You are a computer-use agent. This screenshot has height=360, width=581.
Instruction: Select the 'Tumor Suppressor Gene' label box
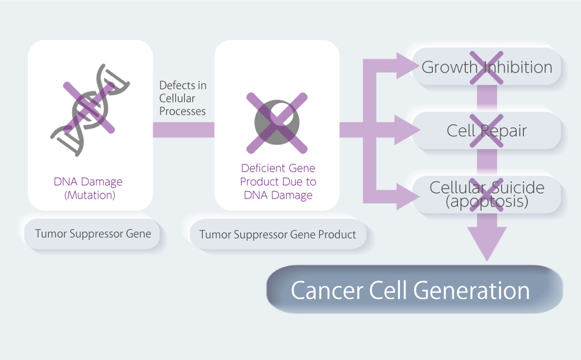93,234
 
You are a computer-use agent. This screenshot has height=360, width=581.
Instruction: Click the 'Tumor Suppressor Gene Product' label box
277,235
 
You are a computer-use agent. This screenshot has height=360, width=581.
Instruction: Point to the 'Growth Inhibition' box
487,67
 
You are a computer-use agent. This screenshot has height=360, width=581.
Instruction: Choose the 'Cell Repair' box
487,131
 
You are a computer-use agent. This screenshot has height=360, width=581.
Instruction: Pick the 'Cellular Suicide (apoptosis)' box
487,194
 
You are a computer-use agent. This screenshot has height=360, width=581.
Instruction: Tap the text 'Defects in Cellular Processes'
183,98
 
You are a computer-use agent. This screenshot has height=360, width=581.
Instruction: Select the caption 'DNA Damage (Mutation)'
88,188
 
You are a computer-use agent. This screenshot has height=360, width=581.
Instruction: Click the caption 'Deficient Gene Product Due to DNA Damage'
278,182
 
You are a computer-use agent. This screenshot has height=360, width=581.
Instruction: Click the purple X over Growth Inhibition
487,67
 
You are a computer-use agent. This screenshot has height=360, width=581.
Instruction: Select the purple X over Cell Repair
487,131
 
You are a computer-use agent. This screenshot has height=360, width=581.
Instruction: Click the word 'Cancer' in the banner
326,290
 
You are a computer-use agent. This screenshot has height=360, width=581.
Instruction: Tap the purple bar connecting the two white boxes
183,130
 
